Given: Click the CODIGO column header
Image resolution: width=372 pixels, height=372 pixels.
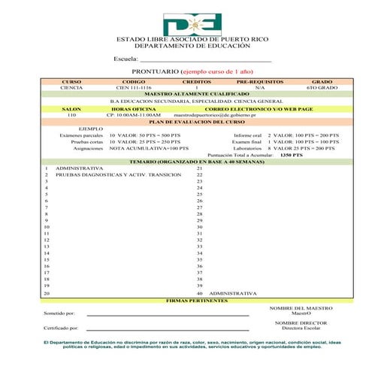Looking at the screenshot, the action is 134,81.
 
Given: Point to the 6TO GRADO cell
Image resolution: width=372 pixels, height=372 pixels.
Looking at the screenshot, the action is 322,88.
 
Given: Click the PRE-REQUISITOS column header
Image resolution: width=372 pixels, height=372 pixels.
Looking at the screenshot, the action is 258,81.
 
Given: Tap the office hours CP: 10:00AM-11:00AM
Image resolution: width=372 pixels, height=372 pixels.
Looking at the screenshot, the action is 134,115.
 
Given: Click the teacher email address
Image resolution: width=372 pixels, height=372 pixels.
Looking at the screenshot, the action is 225,115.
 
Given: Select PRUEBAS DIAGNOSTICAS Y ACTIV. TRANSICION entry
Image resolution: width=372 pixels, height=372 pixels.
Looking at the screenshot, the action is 119,174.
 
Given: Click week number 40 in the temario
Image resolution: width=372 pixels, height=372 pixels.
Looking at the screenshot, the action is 200,293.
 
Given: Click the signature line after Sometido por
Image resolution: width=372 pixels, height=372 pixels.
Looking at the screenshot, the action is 168,315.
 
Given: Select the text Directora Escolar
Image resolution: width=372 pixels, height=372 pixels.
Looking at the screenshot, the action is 301,328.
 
